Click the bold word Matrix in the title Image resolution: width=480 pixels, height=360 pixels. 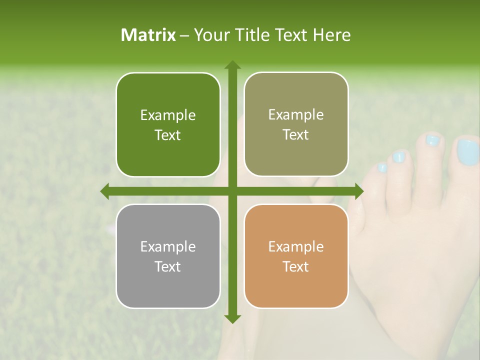coord(148,35)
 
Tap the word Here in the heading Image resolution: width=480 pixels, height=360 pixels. coord(331,35)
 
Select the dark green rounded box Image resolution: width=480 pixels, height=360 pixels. coord(168,125)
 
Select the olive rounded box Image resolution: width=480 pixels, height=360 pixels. coord(296,124)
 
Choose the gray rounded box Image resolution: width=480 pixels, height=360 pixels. coord(168,256)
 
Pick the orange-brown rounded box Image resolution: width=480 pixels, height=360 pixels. coord(296,256)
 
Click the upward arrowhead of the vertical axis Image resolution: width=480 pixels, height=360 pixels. coord(232,65)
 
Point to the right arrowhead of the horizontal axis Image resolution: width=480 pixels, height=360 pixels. coord(358,191)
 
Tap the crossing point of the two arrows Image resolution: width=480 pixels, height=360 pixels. coord(232,191)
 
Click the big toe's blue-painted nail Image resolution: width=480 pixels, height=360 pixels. coord(467,152)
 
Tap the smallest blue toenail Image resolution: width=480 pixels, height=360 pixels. coord(382,168)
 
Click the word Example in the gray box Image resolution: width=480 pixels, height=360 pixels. coord(168,246)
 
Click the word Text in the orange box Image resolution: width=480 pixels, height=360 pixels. coord(296,266)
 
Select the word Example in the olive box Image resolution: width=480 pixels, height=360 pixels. coord(296,114)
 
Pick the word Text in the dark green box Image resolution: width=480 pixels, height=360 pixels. coord(168,135)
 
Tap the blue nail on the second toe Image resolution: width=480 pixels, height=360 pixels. coord(432,140)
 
